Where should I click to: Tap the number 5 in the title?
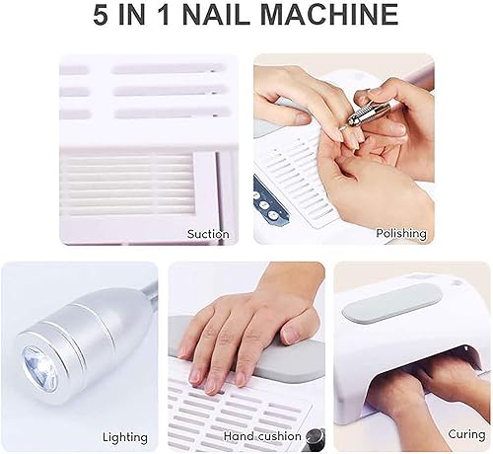tap(104, 17)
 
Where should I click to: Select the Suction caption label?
tap(208, 234)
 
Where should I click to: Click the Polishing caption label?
tap(400, 234)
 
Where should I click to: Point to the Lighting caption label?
tap(125, 436)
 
